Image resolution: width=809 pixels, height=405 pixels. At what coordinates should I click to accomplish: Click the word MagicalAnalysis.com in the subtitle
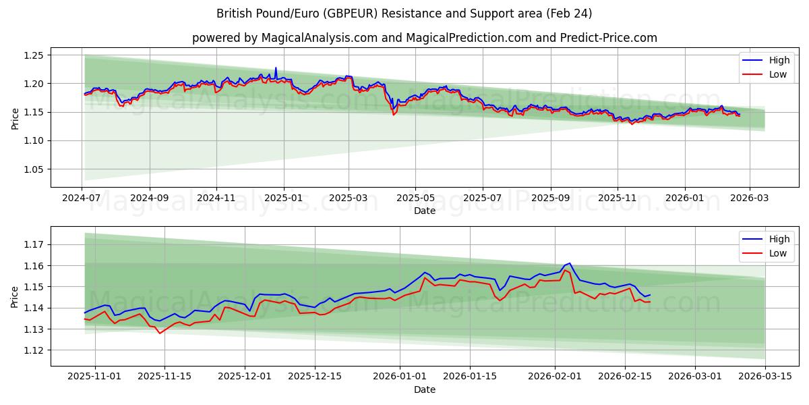pos(320,38)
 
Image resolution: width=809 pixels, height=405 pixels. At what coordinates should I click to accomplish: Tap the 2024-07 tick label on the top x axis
pos(82,198)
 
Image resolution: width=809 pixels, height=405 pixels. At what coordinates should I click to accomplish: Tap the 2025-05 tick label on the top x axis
pos(415,198)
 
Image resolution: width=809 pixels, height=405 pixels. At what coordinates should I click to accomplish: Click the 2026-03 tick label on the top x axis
pos(750,198)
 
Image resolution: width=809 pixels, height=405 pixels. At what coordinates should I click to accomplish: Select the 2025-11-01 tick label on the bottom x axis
pos(94,377)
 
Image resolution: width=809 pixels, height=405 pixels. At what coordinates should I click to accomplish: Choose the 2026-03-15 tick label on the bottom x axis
pos(765,377)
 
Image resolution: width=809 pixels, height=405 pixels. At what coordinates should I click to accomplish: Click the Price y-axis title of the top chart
pos(15,119)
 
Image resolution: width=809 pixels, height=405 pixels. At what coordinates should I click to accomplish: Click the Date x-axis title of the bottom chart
pos(425,389)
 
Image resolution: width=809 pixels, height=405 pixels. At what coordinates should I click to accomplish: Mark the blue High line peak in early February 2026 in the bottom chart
pos(570,263)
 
